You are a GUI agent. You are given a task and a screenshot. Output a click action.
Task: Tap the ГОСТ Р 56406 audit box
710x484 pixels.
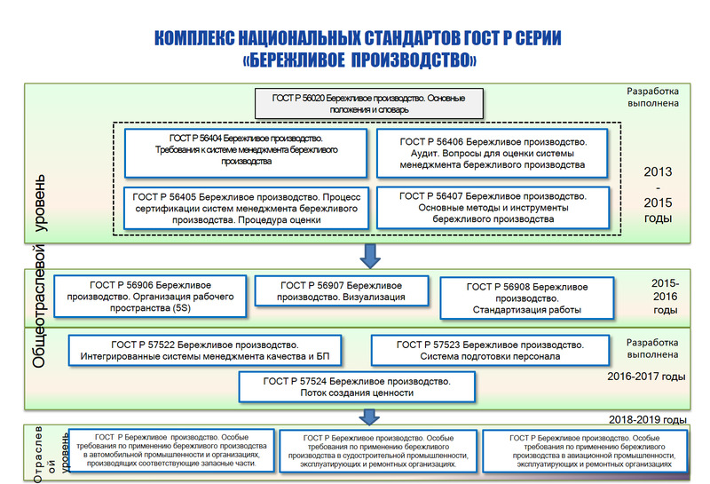[493, 153]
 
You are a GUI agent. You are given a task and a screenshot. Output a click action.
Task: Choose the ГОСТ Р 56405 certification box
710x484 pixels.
[246, 206]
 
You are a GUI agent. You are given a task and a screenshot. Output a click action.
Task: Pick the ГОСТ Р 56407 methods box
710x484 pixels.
[493, 206]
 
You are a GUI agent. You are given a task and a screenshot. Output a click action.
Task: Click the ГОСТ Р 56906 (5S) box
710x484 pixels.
[149, 295]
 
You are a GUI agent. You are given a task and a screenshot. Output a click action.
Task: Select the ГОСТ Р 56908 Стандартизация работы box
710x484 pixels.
[526, 298]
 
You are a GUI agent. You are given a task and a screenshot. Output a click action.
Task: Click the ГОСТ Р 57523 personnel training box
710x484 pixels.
[490, 350]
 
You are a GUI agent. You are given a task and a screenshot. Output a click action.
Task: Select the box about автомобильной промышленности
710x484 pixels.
[168, 451]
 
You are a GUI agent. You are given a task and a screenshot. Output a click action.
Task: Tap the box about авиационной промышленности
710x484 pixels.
[583, 450]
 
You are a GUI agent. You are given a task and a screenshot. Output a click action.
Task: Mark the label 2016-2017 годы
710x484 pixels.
[647, 377]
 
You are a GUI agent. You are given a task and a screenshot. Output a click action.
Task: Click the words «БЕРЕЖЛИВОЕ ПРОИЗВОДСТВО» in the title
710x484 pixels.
[359, 60]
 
